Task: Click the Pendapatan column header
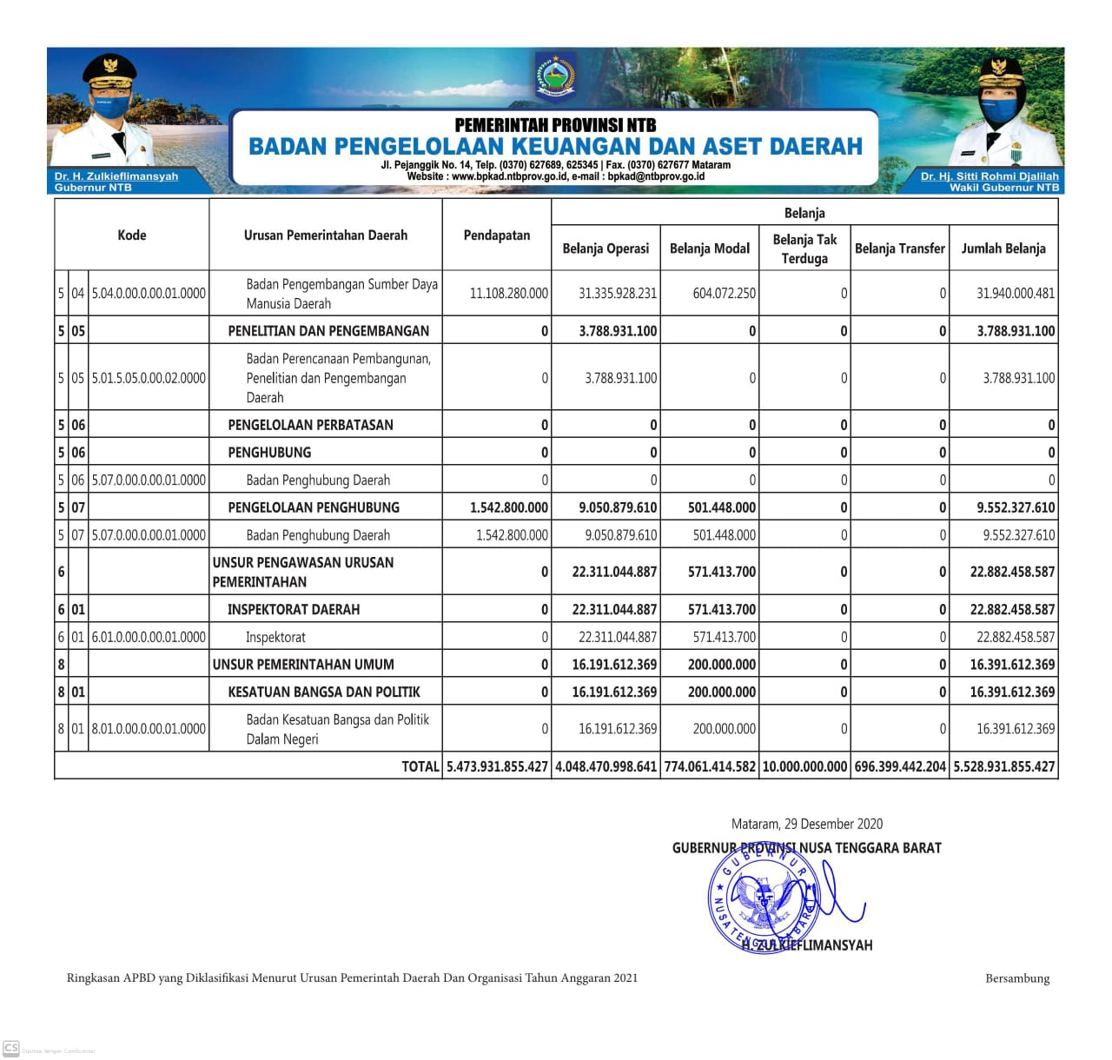tap(496, 235)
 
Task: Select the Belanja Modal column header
tap(709, 248)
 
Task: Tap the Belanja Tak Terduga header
tap(804, 248)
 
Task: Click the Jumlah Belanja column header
tap(1003, 248)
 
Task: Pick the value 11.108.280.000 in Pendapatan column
tap(508, 294)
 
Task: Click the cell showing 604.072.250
tap(724, 294)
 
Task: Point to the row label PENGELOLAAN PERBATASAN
tap(310, 425)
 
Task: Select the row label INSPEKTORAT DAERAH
tap(294, 609)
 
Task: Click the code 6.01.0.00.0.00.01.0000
tap(149, 637)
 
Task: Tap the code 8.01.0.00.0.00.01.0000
tap(149, 729)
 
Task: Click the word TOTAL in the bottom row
tap(420, 766)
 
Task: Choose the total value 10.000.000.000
tap(804, 766)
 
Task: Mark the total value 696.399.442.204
tap(900, 766)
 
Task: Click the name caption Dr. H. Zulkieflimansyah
tap(116, 176)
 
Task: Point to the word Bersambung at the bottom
tap(1016, 978)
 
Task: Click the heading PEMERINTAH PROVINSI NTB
tap(555, 125)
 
